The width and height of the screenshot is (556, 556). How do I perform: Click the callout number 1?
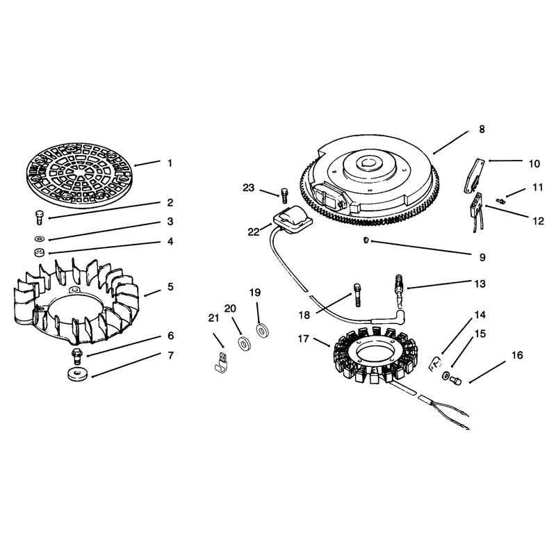click(x=170, y=163)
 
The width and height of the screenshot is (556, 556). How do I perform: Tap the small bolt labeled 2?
click(x=40, y=217)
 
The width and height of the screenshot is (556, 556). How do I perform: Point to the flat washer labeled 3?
click(x=40, y=237)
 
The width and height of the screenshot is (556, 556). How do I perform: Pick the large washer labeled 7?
click(x=77, y=375)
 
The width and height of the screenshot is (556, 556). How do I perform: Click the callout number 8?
click(x=482, y=129)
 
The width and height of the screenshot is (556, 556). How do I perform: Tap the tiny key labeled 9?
click(x=366, y=240)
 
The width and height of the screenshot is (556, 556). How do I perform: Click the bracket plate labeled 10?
click(x=473, y=177)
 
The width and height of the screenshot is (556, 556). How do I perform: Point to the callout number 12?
click(x=538, y=220)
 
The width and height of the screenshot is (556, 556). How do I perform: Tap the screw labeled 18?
click(x=357, y=295)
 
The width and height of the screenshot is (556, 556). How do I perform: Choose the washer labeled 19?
click(x=263, y=331)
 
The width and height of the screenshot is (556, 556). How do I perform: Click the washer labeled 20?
click(x=244, y=344)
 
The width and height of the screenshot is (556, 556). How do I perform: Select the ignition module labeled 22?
click(x=293, y=220)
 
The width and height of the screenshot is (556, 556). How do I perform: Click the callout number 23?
click(x=249, y=188)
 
